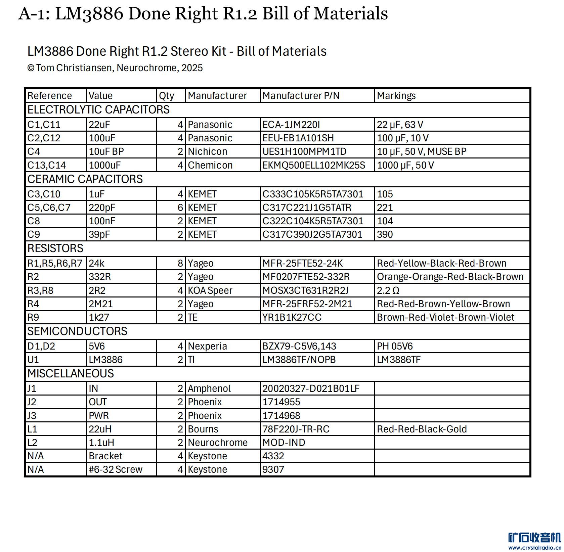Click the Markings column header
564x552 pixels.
(396, 96)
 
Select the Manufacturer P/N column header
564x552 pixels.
(301, 96)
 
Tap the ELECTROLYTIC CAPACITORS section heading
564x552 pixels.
(98, 110)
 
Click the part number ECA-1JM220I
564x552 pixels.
(291, 125)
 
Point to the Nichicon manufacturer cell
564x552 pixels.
(207, 151)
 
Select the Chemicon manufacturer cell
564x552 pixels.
(210, 165)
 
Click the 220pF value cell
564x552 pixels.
(102, 208)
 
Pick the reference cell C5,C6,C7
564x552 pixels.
(49, 208)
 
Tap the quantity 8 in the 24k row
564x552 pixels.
(180, 263)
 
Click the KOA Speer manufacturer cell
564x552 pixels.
(210, 290)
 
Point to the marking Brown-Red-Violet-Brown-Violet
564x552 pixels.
(445, 317)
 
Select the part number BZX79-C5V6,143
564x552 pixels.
(299, 346)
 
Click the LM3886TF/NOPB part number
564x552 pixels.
(299, 360)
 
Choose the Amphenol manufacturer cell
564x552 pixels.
(209, 388)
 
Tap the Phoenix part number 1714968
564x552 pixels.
(281, 416)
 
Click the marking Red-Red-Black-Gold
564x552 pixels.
(422, 429)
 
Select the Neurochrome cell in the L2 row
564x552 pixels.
(217, 443)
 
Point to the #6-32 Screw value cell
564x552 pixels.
(115, 469)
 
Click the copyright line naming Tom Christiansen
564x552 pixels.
(115, 68)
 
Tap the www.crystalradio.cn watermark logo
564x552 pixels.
(534, 541)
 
